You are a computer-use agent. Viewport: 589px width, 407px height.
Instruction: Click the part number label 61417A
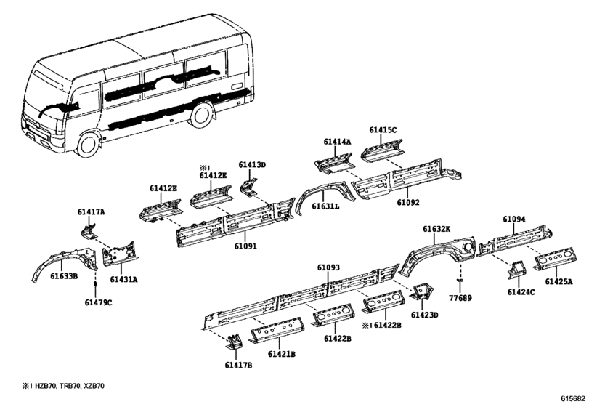point(92,212)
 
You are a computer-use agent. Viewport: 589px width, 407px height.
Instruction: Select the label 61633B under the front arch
point(64,276)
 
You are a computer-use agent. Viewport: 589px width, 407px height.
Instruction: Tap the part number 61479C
point(99,302)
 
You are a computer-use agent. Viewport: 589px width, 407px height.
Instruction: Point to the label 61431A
point(123,279)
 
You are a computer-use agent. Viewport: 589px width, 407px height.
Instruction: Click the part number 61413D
point(252,164)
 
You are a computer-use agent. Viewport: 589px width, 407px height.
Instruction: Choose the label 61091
point(245,246)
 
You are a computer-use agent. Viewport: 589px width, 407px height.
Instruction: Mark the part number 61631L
point(325,206)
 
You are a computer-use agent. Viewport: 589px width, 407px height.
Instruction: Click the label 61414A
point(337,142)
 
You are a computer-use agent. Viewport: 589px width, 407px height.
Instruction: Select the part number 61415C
point(383,130)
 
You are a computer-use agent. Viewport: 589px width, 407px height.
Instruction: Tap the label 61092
point(408,202)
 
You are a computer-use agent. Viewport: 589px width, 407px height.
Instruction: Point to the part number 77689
point(460,298)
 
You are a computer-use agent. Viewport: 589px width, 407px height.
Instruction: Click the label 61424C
point(521,292)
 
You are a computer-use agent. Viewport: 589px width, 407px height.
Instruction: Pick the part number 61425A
point(559,281)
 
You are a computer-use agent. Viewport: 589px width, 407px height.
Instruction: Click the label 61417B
point(238,365)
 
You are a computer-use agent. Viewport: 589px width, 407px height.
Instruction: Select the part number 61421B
point(282,354)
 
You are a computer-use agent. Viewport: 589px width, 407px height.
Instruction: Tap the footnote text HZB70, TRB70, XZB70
point(70,386)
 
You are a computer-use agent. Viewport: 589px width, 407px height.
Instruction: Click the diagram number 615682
point(573,398)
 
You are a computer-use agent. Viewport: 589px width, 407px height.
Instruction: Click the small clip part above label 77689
point(460,280)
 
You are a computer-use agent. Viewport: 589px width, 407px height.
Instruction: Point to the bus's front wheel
point(88,144)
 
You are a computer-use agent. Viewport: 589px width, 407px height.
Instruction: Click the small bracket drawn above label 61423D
point(422,291)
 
